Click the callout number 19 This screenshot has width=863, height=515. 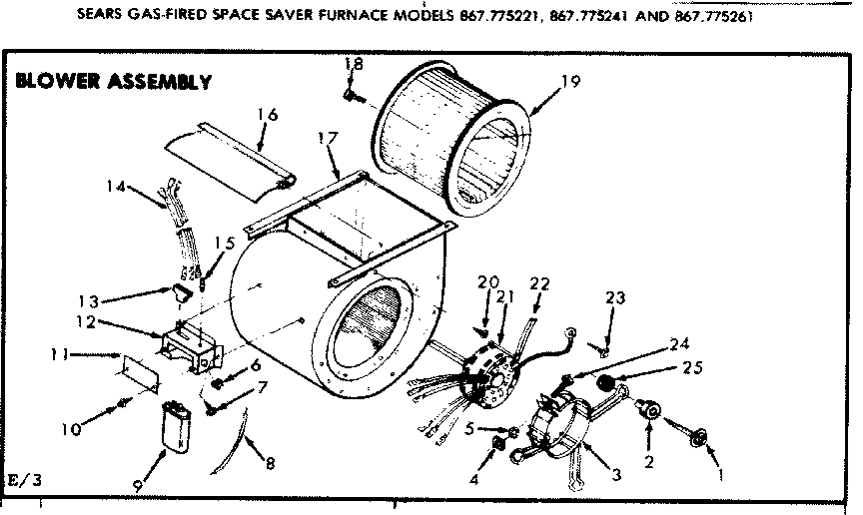569,83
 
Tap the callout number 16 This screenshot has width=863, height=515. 266,115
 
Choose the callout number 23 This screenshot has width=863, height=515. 614,296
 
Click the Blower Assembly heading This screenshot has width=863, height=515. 113,81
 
